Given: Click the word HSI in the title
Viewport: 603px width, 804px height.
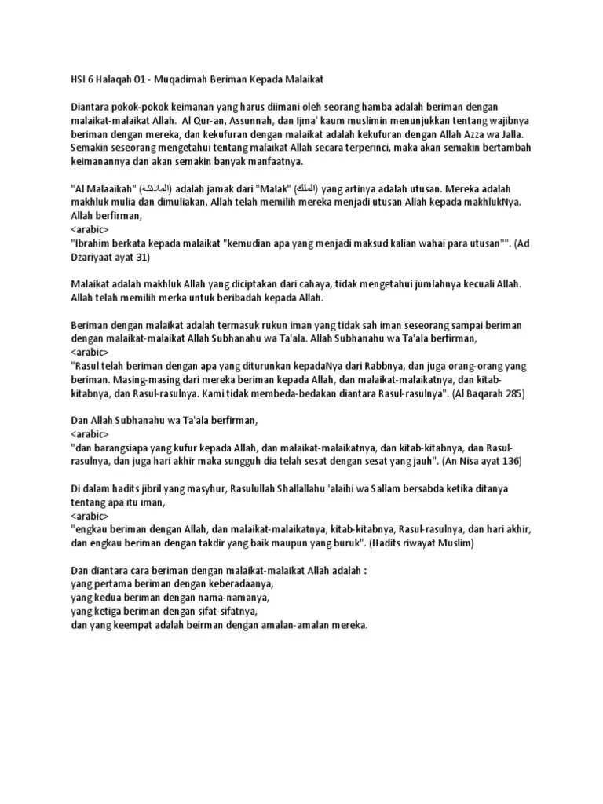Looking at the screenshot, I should tap(78, 80).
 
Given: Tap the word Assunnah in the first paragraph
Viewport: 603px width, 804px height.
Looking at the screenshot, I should tap(236, 119).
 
